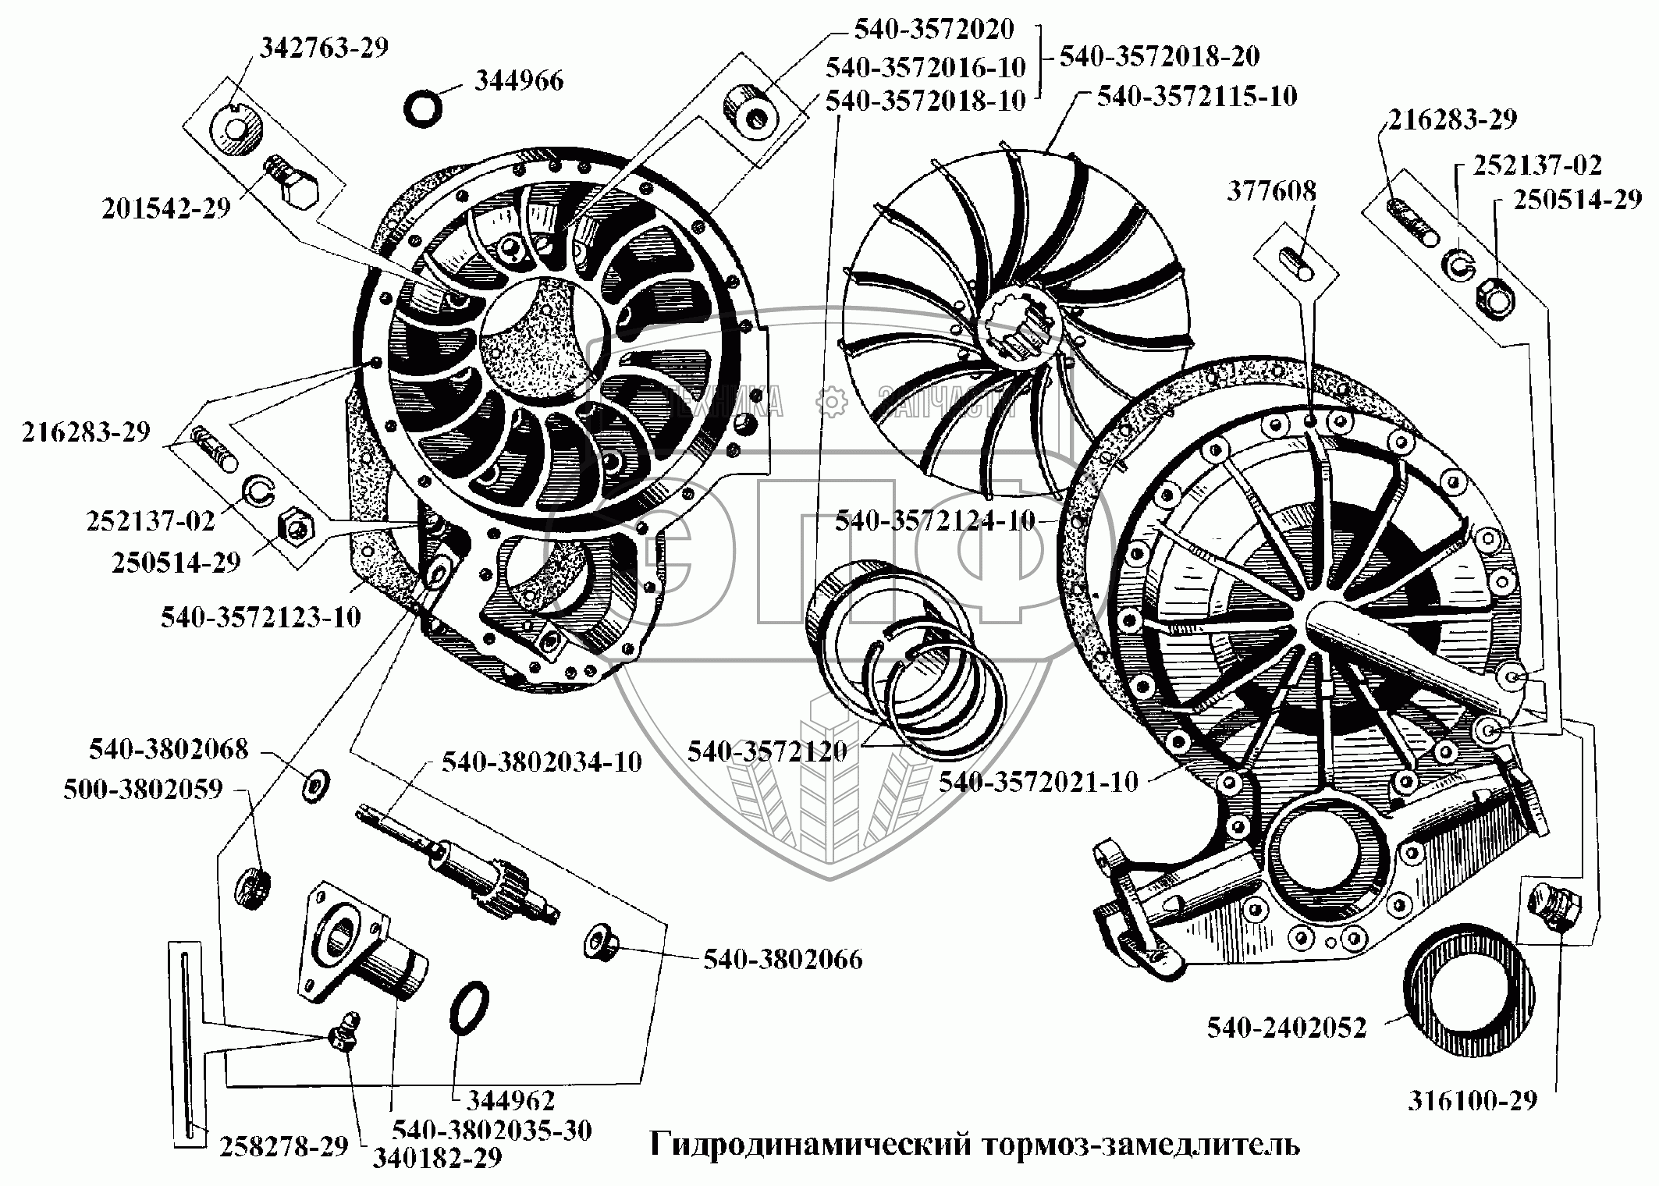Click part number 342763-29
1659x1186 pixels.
tap(324, 48)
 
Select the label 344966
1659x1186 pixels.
tap(518, 81)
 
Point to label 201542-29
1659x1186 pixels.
tap(167, 208)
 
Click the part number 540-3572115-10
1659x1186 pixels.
tap(1197, 97)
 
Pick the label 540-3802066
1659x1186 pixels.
tap(783, 959)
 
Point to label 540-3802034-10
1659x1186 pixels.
tap(542, 762)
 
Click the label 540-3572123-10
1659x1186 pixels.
tap(261, 617)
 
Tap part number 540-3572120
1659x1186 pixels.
tap(766, 751)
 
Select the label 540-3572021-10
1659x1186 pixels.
tap(1039, 781)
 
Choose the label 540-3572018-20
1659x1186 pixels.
tap(1159, 56)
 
